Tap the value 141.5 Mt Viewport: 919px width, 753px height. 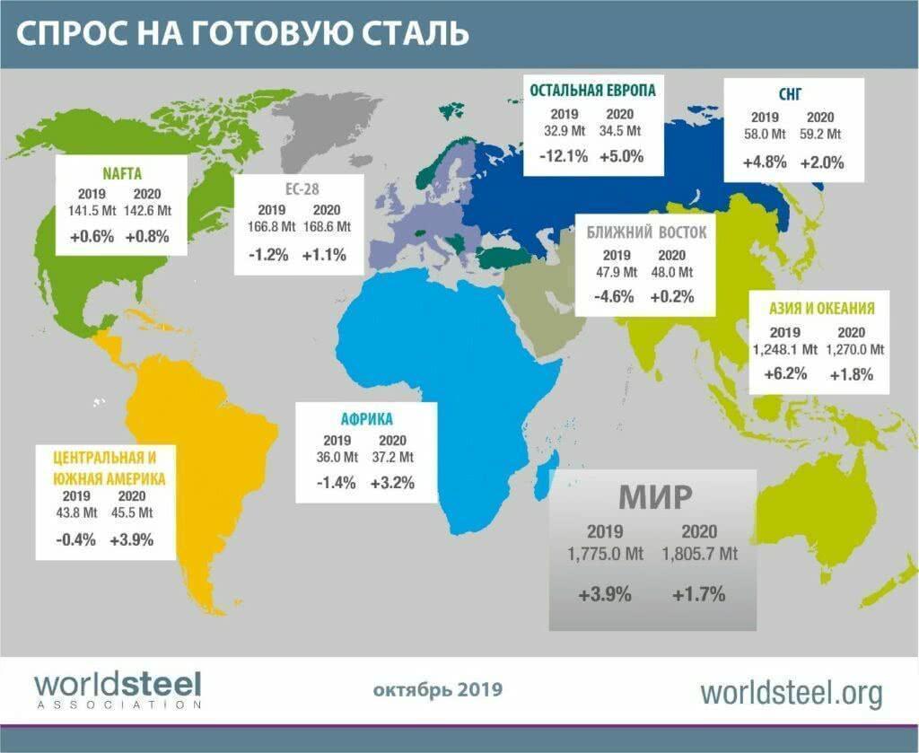point(92,211)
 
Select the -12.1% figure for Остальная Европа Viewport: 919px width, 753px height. point(564,156)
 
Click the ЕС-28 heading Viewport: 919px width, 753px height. point(298,190)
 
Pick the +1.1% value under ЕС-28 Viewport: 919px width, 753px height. point(325,254)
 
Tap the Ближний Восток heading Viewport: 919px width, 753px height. point(646,232)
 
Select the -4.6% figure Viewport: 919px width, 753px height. point(615,295)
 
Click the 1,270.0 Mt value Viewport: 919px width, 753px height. point(852,349)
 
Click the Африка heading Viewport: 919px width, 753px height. point(366,418)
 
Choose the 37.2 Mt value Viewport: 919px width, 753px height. point(393,457)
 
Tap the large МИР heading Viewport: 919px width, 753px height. point(652,496)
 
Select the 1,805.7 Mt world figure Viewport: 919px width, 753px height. point(699,554)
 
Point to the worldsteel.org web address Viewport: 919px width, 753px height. point(791,692)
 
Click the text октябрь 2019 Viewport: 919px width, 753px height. point(437,690)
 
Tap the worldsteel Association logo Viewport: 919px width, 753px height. point(118,689)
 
